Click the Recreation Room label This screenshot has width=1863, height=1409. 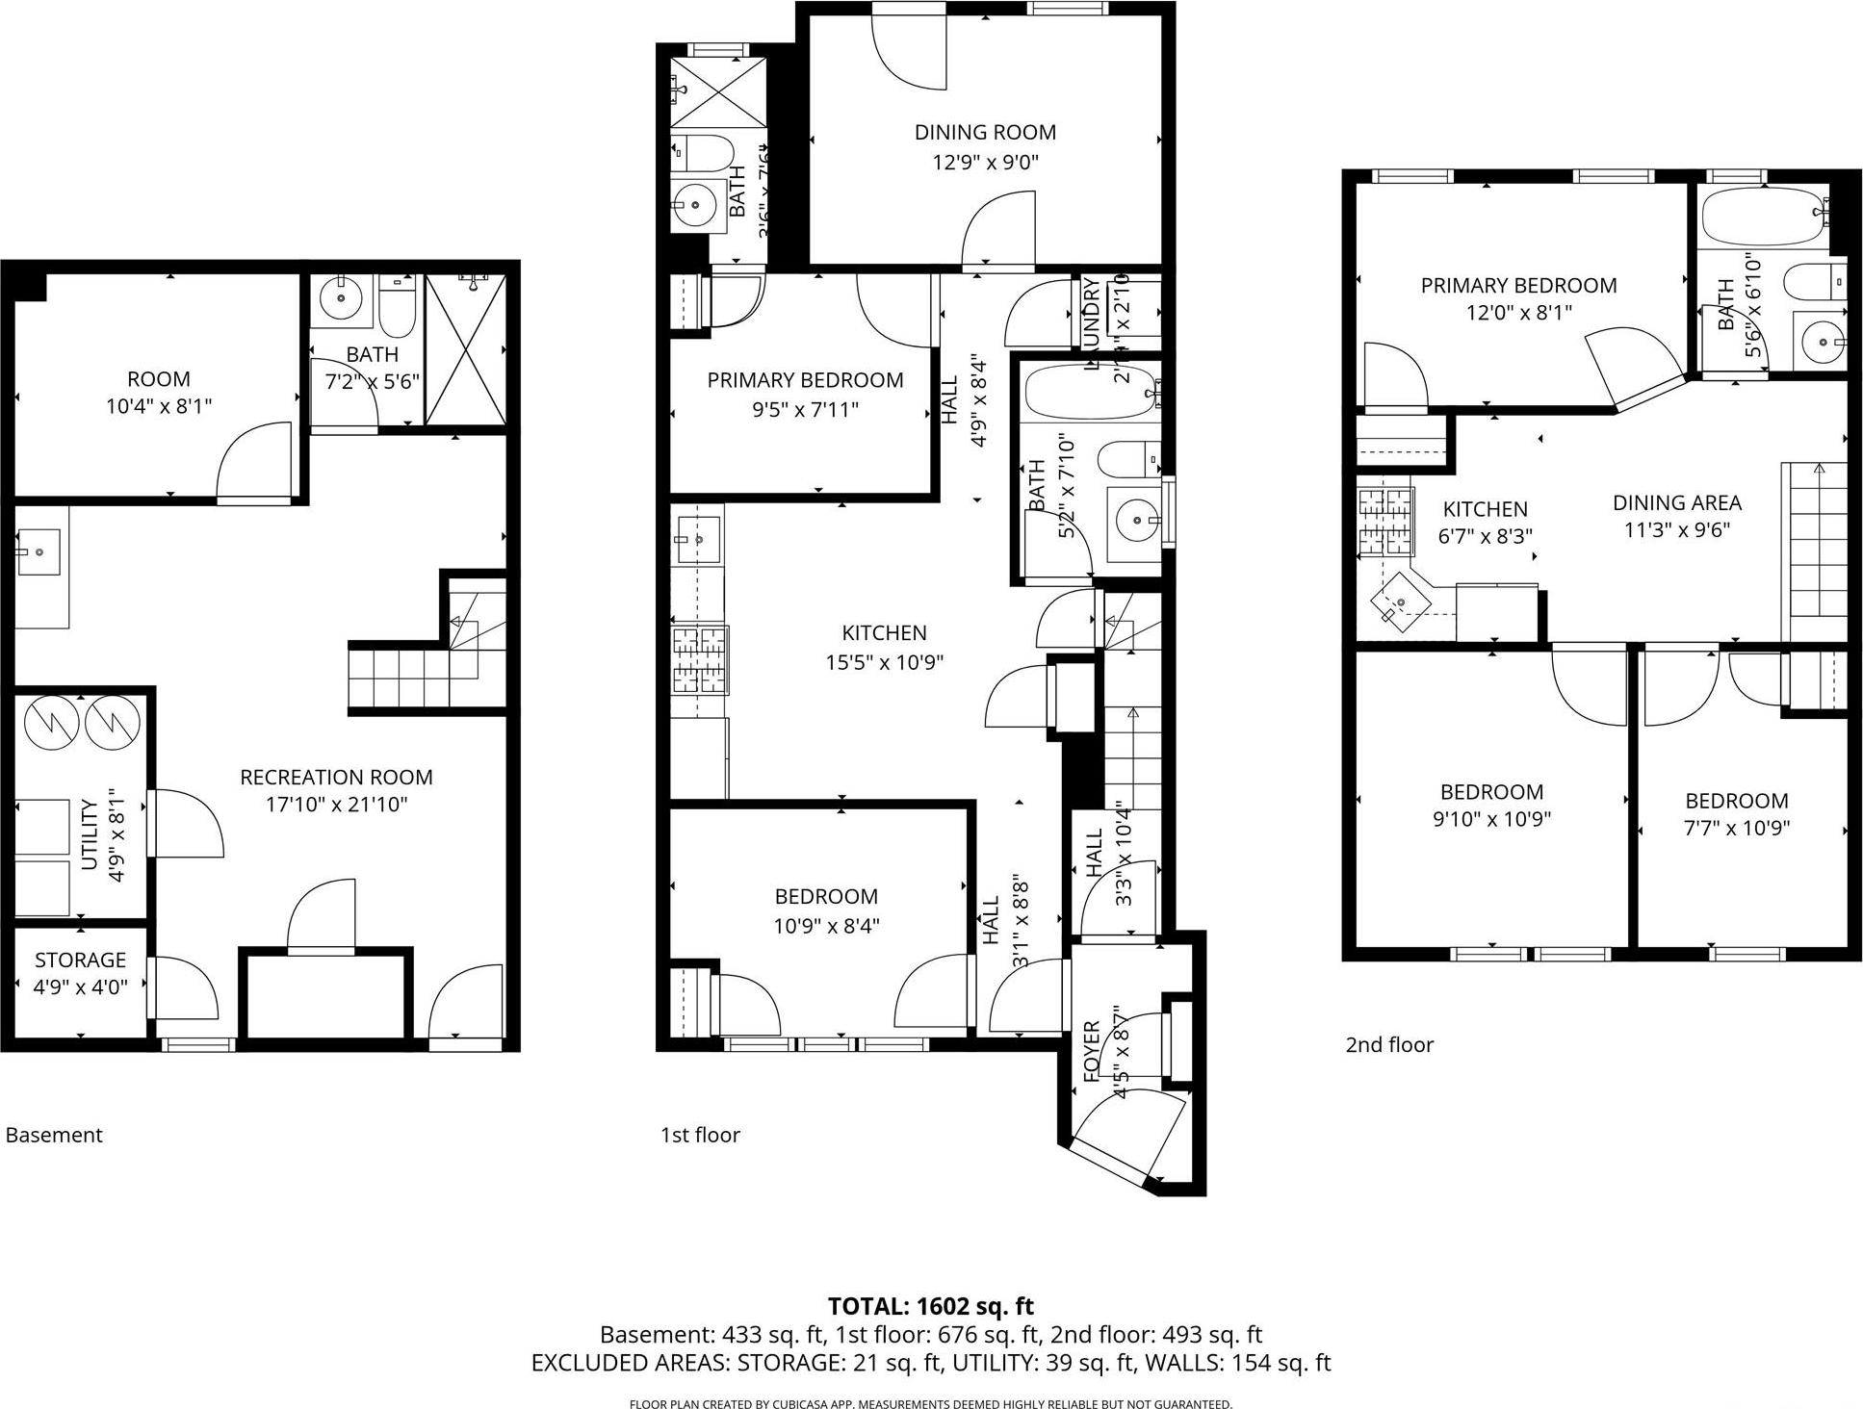pyautogui.click(x=336, y=777)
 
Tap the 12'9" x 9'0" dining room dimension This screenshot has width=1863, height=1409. pyautogui.click(x=985, y=163)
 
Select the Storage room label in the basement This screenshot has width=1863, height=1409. pyautogui.click(x=80, y=960)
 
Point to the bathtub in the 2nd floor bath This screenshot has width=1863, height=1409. pyautogui.click(x=1762, y=217)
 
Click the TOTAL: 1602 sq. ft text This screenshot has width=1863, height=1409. pyautogui.click(x=930, y=1306)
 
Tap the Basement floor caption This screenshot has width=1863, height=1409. pyautogui.click(x=54, y=1135)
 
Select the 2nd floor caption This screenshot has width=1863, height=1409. pyautogui.click(x=1388, y=1044)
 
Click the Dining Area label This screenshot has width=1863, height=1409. pyautogui.click(x=1676, y=502)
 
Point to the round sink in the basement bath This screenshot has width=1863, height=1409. pyautogui.click(x=340, y=297)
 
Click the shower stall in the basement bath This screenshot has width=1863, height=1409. pyautogui.click(x=465, y=349)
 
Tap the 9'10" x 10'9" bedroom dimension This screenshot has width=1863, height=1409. pyautogui.click(x=1491, y=820)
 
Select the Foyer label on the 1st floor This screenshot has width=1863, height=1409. pyautogui.click(x=1092, y=1051)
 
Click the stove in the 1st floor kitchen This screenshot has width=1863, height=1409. pyautogui.click(x=700, y=659)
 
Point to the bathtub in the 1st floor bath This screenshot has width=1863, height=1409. pyautogui.click(x=1088, y=392)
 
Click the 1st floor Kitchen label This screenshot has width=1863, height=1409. pyautogui.click(x=884, y=632)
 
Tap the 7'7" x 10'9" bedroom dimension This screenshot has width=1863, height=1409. pyautogui.click(x=1736, y=828)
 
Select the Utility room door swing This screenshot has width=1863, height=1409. pyautogui.click(x=188, y=823)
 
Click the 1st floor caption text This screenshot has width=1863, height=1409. pyautogui.click(x=700, y=1135)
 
